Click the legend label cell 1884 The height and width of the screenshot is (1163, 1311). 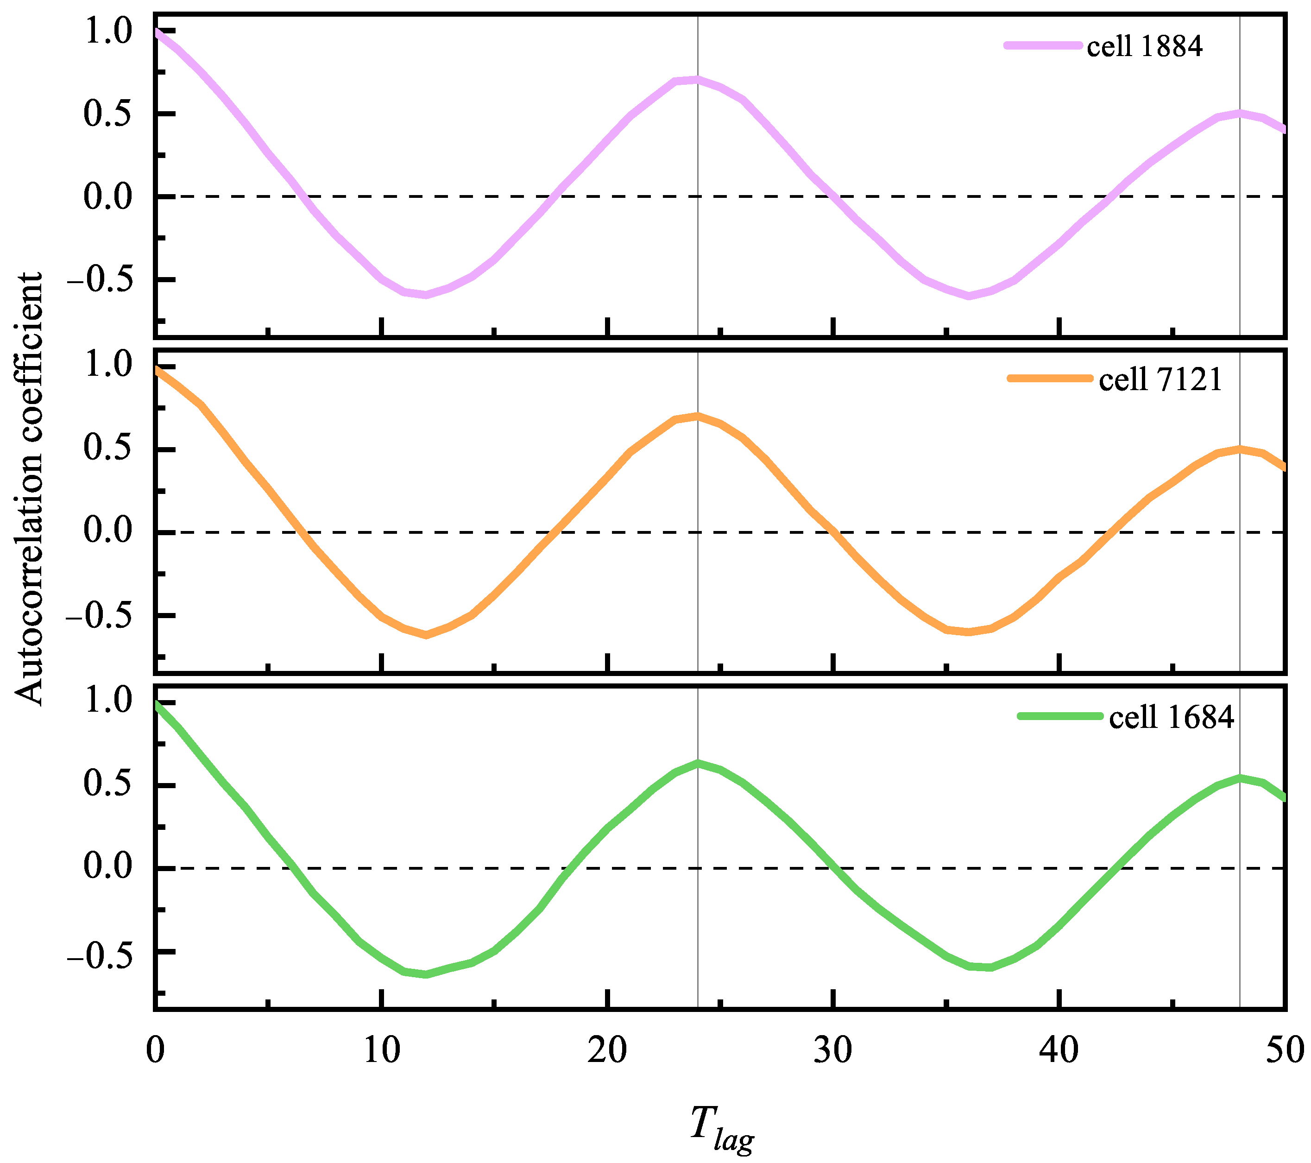coord(1144,46)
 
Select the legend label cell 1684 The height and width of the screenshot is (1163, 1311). coord(1171,716)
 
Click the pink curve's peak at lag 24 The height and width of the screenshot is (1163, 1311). coord(697,80)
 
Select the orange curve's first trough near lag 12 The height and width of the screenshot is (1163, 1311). coord(426,635)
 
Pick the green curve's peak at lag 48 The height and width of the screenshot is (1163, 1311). coord(1240,778)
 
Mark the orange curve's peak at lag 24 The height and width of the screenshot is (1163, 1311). coord(697,416)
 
